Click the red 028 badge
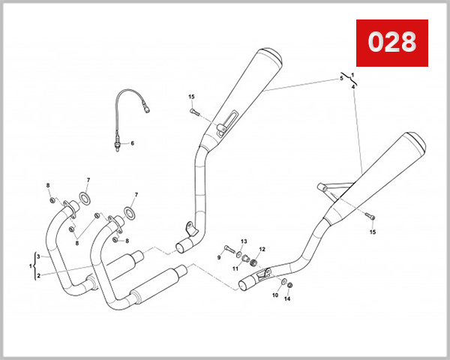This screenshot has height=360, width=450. [x=391, y=43]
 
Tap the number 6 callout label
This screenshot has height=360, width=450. [x=132, y=143]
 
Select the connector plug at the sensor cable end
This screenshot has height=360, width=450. [x=148, y=109]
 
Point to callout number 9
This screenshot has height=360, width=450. [x=219, y=257]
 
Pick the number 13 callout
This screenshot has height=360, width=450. [x=243, y=241]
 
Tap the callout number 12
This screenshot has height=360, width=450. [x=262, y=249]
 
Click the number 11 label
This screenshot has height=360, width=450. [x=234, y=268]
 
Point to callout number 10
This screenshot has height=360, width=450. [x=274, y=295]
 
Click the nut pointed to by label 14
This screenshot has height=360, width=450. [x=290, y=285]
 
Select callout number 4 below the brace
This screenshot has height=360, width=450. [x=352, y=87]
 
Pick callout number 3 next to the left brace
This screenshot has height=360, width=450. [x=38, y=256]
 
